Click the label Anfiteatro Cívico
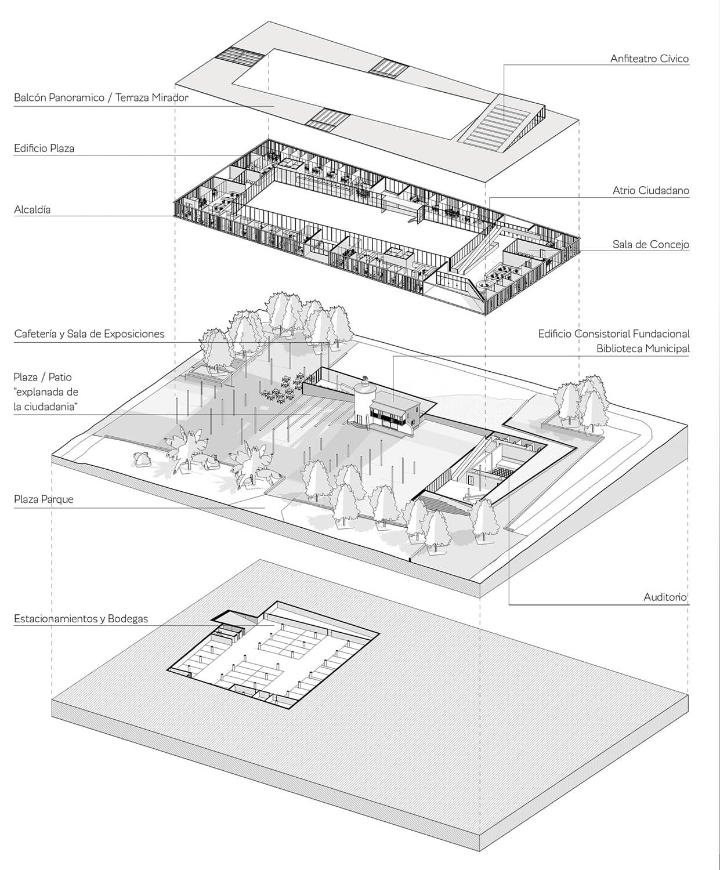[649, 59]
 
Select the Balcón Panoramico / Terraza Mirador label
[101, 97]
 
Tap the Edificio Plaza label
[44, 148]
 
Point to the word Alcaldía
[32, 209]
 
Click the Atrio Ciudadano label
[651, 191]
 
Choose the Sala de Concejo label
[651, 245]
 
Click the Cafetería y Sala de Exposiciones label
[89, 333]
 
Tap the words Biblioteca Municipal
[643, 349]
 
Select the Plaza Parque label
[44, 499]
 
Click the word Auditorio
[665, 597]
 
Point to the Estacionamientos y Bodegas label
[81, 619]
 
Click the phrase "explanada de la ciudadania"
[46, 399]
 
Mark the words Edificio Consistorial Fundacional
[614, 333]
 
